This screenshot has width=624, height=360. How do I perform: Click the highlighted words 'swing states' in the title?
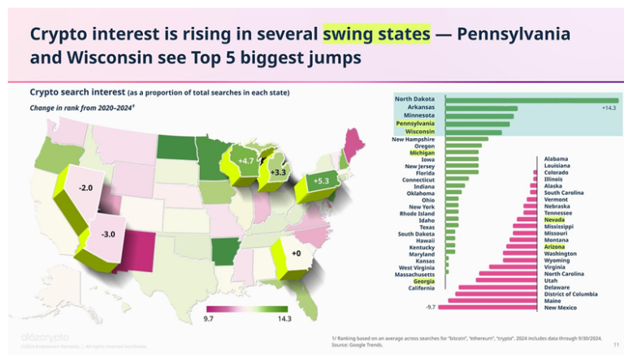[376, 34]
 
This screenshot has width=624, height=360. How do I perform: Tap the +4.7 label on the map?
[247, 161]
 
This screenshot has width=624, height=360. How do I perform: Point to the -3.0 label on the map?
[107, 234]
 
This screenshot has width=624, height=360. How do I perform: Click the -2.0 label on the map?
[85, 188]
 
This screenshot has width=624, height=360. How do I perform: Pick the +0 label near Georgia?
[297, 254]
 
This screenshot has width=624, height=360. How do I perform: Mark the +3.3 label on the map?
[278, 172]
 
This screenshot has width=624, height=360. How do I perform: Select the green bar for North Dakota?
[528, 99]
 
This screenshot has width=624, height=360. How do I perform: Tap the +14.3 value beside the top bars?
[609, 107]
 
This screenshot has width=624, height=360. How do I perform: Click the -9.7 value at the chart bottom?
[431, 307]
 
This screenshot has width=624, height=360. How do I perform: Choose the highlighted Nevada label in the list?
[555, 219]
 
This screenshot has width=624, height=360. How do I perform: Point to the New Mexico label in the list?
[561, 307]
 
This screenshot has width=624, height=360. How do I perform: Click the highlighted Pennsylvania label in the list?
[414, 124]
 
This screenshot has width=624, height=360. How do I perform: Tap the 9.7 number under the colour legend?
[208, 319]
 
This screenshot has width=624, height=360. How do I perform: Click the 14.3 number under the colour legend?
[284, 319]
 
